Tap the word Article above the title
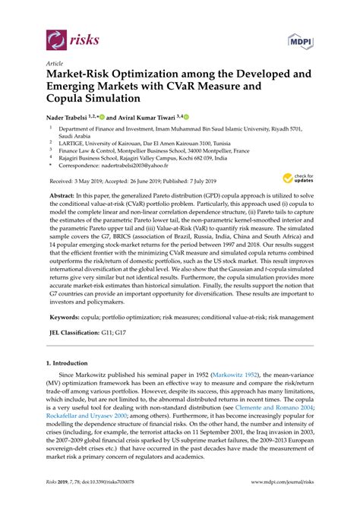tap(55, 64)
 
